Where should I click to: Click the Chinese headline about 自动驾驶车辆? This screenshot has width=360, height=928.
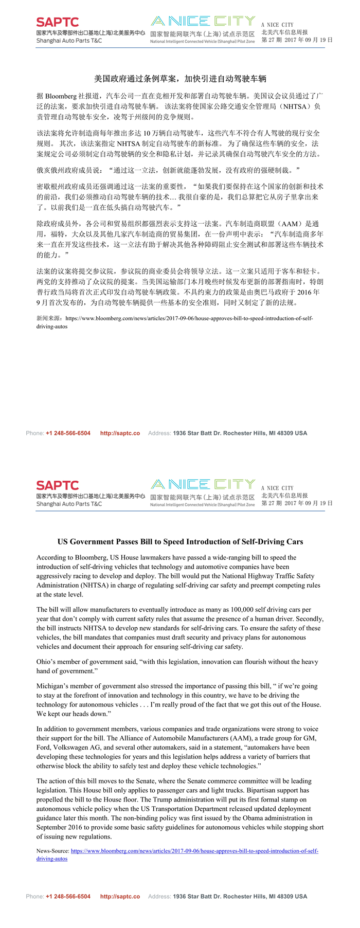180,79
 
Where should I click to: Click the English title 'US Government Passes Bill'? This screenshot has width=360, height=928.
180,541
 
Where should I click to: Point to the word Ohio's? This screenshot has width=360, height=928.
47,662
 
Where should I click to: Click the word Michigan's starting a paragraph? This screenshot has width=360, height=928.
52,686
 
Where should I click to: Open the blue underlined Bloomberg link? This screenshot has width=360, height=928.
194,851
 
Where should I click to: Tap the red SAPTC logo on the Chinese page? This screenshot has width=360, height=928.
57,22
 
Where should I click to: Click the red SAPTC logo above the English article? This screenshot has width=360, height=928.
57,485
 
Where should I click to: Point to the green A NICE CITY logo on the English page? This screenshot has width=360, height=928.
203,484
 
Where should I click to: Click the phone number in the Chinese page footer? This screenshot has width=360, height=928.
68,433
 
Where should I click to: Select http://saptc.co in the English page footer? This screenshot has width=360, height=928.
120,896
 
